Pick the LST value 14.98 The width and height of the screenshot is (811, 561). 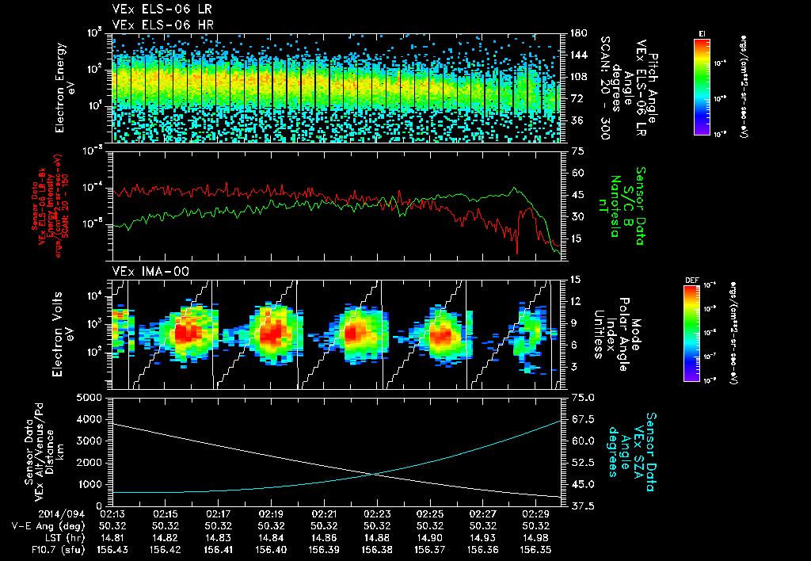[x=535, y=537]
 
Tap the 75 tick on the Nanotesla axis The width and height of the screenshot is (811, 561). [x=577, y=150]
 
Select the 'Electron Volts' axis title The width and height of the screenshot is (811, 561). [x=60, y=331]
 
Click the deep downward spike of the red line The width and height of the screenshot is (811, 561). [x=517, y=252]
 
